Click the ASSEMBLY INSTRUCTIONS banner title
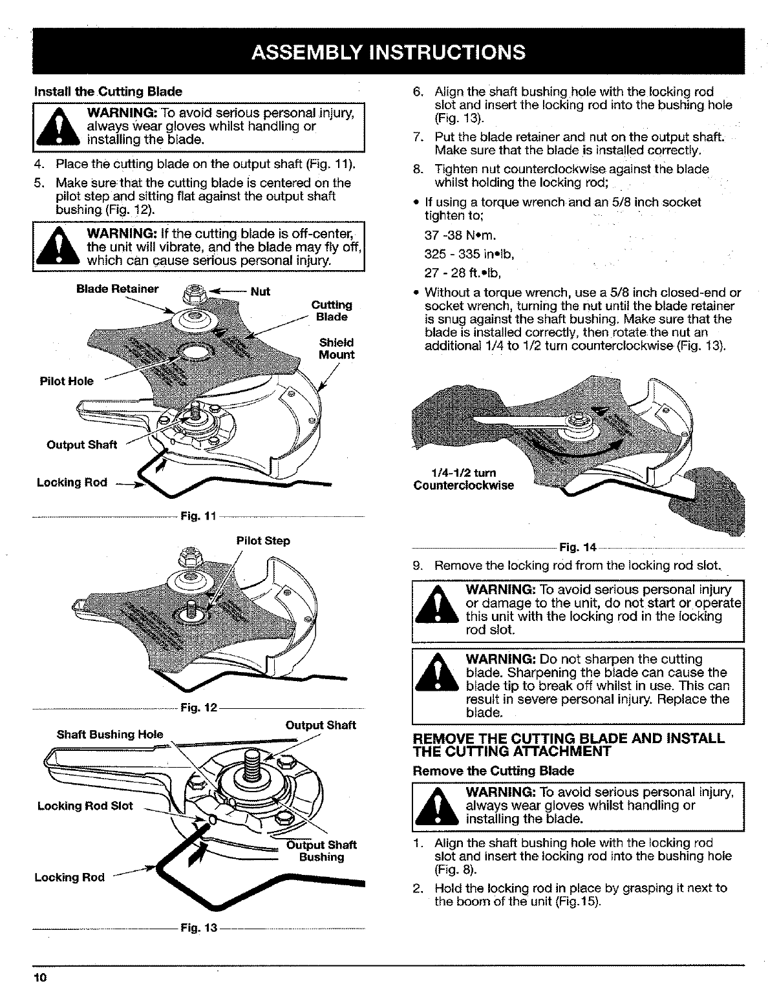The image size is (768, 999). click(389, 51)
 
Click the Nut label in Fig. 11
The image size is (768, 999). click(260, 291)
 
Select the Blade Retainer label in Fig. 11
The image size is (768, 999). click(117, 289)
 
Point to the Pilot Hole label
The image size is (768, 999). click(66, 381)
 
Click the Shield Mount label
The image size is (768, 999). click(336, 348)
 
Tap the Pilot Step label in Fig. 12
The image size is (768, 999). click(263, 540)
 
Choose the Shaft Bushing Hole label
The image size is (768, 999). click(110, 734)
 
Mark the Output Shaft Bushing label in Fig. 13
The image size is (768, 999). click(321, 851)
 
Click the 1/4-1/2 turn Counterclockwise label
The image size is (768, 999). click(464, 479)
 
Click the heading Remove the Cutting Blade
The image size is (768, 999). click(493, 770)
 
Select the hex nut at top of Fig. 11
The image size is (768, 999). click(191, 295)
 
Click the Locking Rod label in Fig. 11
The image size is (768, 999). click(72, 483)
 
